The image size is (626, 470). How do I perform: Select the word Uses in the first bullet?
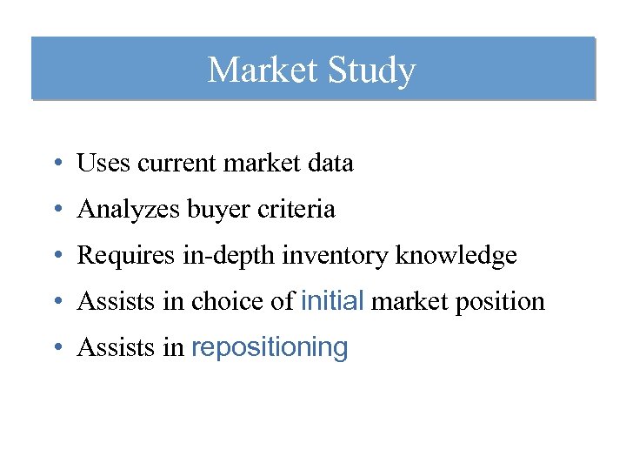tap(98, 163)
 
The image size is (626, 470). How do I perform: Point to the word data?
tap(330, 163)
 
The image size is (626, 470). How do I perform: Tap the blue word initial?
tap(331, 301)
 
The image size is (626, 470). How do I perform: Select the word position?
tap(503, 302)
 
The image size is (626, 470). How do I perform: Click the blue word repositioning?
tap(269, 348)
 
